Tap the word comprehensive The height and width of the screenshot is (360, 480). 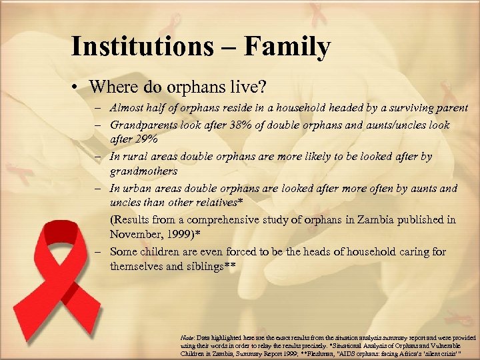[x=223, y=219]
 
